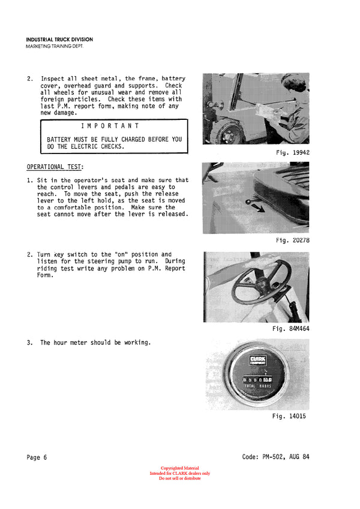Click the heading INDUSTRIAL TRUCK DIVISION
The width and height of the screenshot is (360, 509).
click(59, 40)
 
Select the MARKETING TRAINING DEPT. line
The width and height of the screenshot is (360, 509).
click(54, 46)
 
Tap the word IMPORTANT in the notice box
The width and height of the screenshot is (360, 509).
click(110, 126)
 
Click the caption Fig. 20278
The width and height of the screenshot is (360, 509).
click(292, 240)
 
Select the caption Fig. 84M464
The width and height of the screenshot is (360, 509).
click(290, 329)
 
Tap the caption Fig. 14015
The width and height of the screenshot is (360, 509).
click(289, 416)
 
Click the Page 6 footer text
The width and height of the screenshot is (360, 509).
click(37, 457)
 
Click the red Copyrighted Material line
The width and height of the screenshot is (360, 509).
click(179, 468)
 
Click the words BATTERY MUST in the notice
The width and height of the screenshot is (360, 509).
click(68, 139)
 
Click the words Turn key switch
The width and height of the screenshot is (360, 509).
click(64, 254)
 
